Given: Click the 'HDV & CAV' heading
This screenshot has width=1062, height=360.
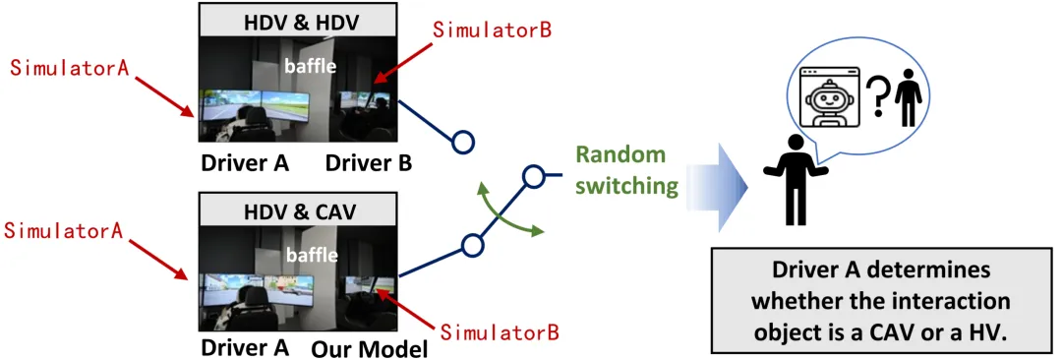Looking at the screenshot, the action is click(x=300, y=210).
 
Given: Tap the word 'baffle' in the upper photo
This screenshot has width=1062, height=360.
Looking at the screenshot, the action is click(x=310, y=67).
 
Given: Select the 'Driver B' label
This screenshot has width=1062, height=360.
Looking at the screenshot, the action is click(x=369, y=163).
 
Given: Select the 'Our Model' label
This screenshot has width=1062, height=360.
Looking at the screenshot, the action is click(x=370, y=350).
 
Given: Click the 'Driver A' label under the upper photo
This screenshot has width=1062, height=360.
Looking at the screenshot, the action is click(x=245, y=163).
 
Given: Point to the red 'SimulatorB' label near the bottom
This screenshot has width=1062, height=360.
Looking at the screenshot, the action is click(x=500, y=332).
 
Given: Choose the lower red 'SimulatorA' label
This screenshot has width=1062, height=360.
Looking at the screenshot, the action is click(x=63, y=230).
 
